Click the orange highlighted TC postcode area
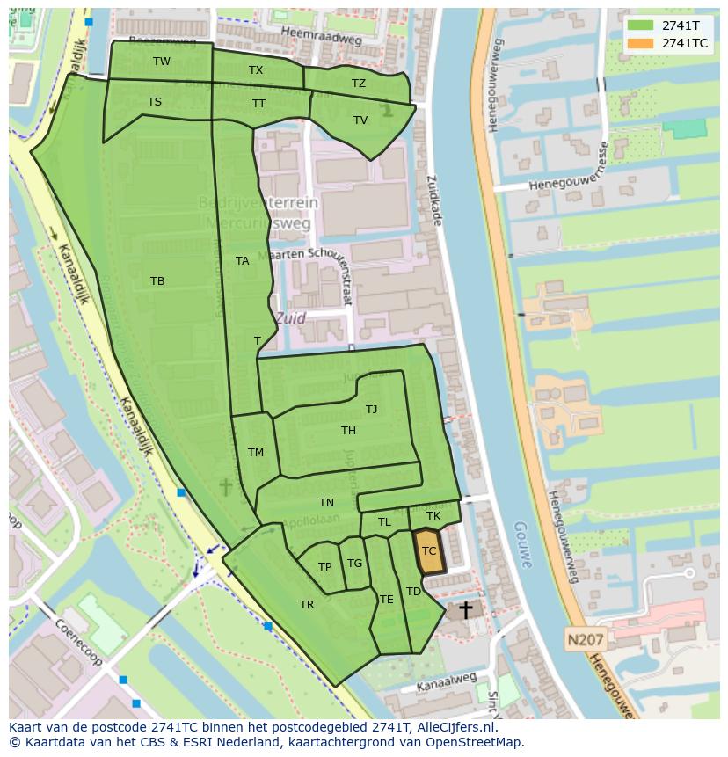pyautogui.click(x=429, y=552)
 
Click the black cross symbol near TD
pyautogui.click(x=465, y=609)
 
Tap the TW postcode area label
pyautogui.click(x=162, y=62)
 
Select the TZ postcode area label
pyautogui.click(x=359, y=84)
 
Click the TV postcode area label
pyautogui.click(x=360, y=120)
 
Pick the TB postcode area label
pyautogui.click(x=157, y=281)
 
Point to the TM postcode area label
pyautogui.click(x=256, y=453)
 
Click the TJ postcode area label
pyautogui.click(x=372, y=409)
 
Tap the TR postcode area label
pyautogui.click(x=307, y=605)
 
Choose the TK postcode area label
pyautogui.click(x=433, y=516)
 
